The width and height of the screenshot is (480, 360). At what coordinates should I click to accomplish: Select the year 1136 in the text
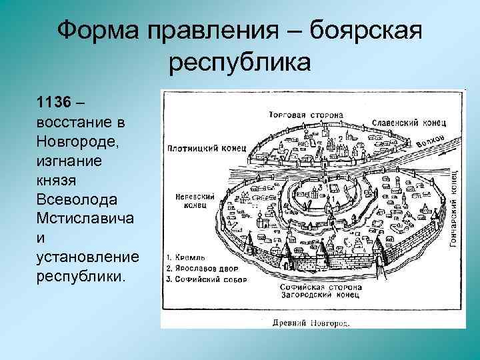click(53, 102)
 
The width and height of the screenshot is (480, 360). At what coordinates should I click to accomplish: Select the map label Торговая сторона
click(307, 115)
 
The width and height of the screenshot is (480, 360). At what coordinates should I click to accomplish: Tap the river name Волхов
click(429, 136)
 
